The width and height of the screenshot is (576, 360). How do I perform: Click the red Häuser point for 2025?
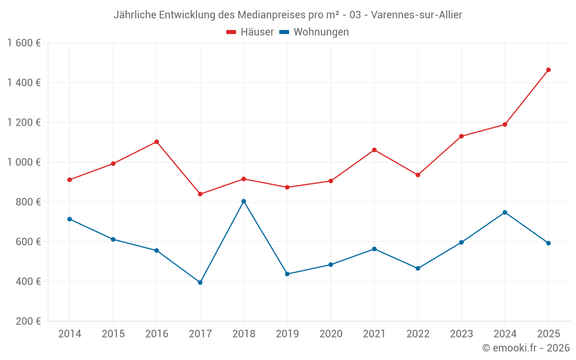click(x=548, y=70)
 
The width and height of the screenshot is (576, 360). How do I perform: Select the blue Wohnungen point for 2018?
click(x=244, y=201)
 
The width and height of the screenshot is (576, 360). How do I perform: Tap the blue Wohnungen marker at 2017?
click(x=200, y=282)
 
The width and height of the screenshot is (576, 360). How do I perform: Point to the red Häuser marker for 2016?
click(x=157, y=142)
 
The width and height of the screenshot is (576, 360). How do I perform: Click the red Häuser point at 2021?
click(x=374, y=150)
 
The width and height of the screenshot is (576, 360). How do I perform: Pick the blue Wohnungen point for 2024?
click(x=505, y=213)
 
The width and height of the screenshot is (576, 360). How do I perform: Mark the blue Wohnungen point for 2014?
click(x=70, y=219)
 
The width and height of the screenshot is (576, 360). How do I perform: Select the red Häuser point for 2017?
click(x=200, y=194)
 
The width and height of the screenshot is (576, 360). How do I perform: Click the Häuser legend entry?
click(x=250, y=32)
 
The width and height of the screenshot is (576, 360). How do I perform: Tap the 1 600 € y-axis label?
click(x=24, y=43)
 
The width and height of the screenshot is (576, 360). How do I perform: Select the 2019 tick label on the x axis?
click(x=287, y=334)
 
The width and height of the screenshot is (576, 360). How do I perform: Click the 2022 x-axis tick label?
click(x=418, y=334)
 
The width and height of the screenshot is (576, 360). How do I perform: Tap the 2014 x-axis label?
click(x=70, y=334)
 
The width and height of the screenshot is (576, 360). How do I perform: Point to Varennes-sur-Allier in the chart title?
click(x=416, y=15)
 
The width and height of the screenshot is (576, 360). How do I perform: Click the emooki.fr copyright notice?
click(x=525, y=348)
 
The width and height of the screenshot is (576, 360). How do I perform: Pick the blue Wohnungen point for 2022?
click(x=418, y=268)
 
